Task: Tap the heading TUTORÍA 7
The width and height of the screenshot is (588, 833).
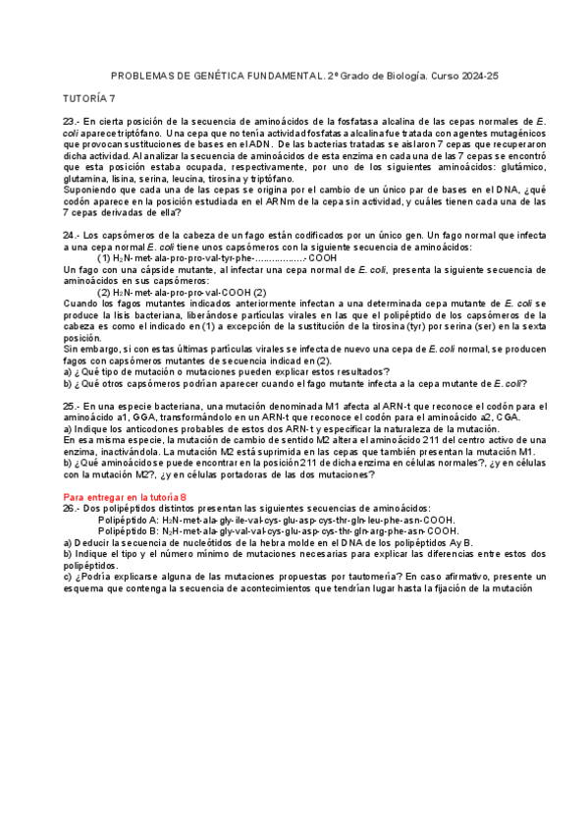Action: coord(89,98)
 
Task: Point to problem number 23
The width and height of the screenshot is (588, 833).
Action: coord(71,121)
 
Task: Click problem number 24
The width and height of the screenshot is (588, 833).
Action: coord(71,237)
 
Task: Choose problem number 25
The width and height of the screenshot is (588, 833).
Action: coord(71,406)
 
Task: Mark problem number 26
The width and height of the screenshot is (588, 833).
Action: coord(71,509)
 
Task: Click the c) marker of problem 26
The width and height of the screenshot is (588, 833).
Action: coord(67,578)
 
